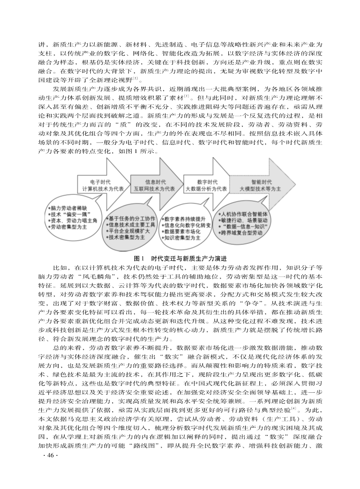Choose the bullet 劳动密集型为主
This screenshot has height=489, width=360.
click(69, 226)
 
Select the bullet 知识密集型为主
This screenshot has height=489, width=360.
click(182, 237)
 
